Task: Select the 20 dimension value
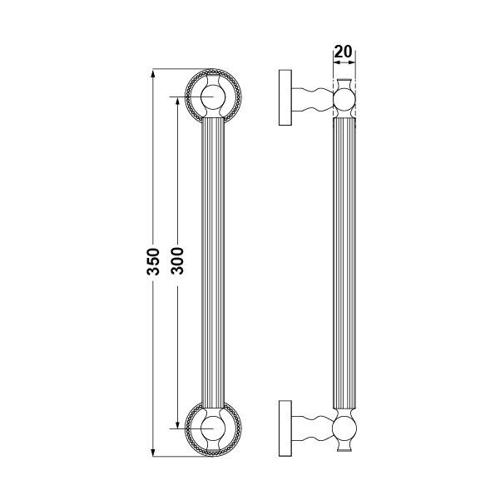click(343, 51)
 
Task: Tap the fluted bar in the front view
click(213, 262)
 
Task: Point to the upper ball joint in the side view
click(343, 102)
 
